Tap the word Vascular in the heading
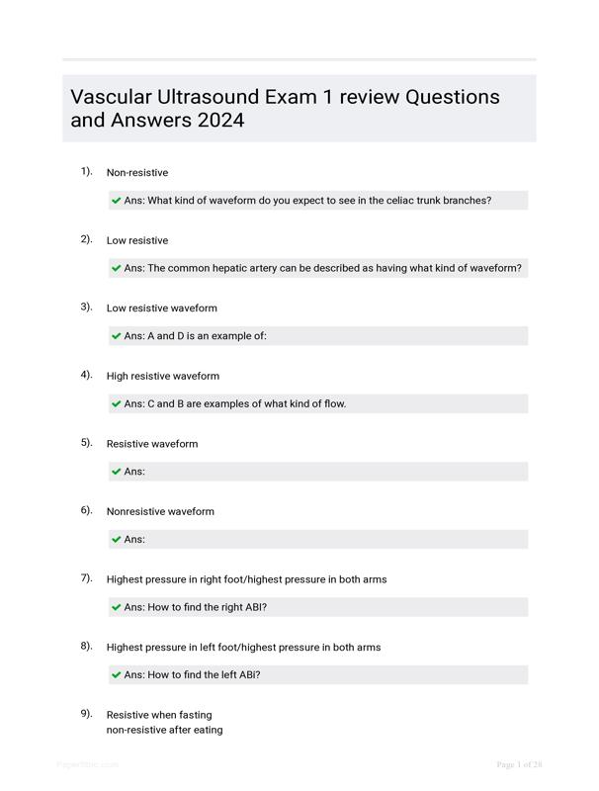pyautogui.click(x=112, y=97)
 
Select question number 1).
pyautogui.click(x=87, y=171)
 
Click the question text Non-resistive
pyautogui.click(x=137, y=173)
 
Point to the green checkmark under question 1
pyautogui.click(x=117, y=201)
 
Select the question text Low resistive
pyautogui.click(x=137, y=240)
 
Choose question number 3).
pyautogui.click(x=87, y=307)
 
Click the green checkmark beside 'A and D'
pyautogui.click(x=117, y=336)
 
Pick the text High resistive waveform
pyautogui.click(x=163, y=376)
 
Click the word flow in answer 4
pyautogui.click(x=333, y=403)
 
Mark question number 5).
pyautogui.click(x=87, y=442)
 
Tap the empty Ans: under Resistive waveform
pyautogui.click(x=134, y=472)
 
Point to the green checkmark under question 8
pyautogui.click(x=117, y=675)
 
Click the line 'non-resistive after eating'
pyautogui.click(x=164, y=730)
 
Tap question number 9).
pyautogui.click(x=87, y=713)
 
